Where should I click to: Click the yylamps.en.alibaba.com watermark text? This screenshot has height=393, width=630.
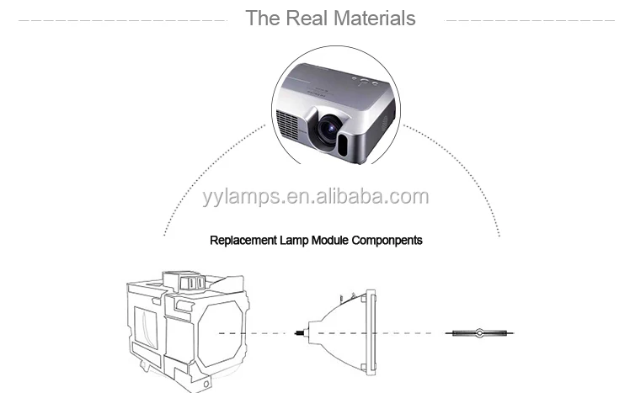315,197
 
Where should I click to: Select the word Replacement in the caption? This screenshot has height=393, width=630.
243,240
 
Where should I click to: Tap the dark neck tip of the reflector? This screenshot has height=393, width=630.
300,333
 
